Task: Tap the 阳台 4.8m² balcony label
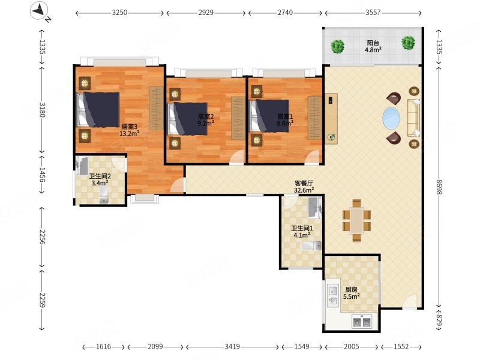coord(373,46)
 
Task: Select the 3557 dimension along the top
coord(373,13)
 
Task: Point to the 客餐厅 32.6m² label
coord(304,187)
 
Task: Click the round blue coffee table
coord(391,118)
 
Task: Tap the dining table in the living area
coord(356,220)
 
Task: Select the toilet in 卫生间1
coord(311,246)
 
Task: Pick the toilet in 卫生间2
coord(104,194)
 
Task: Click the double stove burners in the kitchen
coord(362,322)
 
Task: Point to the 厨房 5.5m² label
coord(351,293)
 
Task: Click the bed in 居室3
coord(98,110)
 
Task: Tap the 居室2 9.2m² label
coord(206,120)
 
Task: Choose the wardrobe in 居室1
coord(314,118)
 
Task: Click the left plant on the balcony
coord(338,47)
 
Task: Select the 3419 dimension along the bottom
coord(232,347)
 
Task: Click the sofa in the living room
coord(413,118)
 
